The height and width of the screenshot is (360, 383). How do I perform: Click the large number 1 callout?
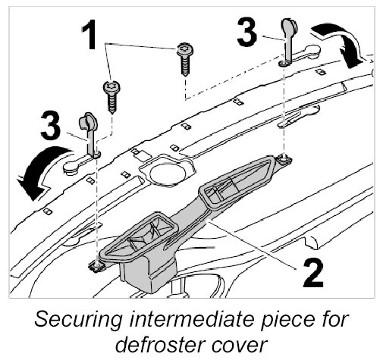click(x=89, y=35)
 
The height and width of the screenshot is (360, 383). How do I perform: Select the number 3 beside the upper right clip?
click(x=247, y=32)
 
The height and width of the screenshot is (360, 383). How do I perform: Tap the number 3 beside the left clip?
click(x=51, y=125)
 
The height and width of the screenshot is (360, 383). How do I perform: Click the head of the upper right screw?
click(x=185, y=49)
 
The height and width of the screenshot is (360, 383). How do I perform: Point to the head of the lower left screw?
click(x=111, y=87)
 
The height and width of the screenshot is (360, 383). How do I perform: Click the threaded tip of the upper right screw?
click(x=186, y=73)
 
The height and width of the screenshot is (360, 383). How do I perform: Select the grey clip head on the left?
click(x=88, y=121)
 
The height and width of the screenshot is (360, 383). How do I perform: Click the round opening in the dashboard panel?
click(x=168, y=172)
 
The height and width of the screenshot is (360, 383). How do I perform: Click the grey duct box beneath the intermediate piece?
click(x=148, y=274)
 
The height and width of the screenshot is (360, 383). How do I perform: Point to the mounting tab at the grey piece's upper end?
click(x=284, y=160)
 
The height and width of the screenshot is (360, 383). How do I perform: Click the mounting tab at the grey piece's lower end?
click(x=96, y=267)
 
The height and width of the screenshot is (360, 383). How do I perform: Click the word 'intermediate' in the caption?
click(x=192, y=319)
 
